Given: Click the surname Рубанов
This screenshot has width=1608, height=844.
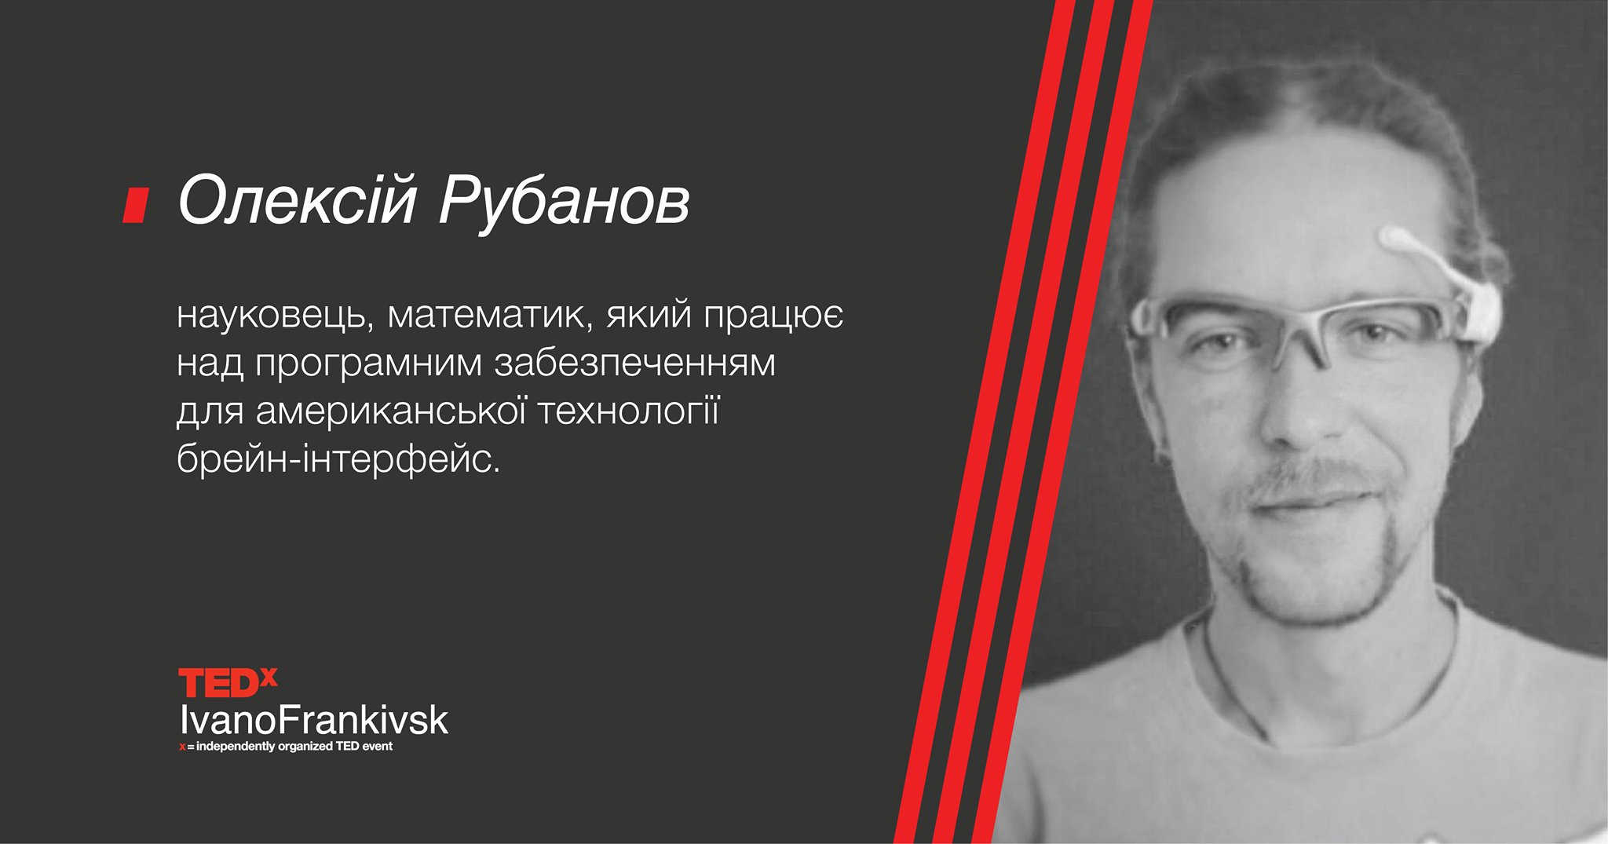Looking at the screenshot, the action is click(565, 202).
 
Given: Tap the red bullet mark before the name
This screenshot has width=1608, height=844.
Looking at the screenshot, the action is click(136, 205).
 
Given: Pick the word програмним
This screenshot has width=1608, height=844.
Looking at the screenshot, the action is click(368, 364).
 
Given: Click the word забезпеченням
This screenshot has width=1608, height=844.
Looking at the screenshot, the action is click(634, 364).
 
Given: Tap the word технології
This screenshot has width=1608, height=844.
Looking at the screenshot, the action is click(628, 411).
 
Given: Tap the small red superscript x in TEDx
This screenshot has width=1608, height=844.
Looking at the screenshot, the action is click(269, 677).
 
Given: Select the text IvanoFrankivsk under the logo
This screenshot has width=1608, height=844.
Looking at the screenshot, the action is click(314, 720).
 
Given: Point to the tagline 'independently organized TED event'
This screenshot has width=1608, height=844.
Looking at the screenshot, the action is click(294, 746).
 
